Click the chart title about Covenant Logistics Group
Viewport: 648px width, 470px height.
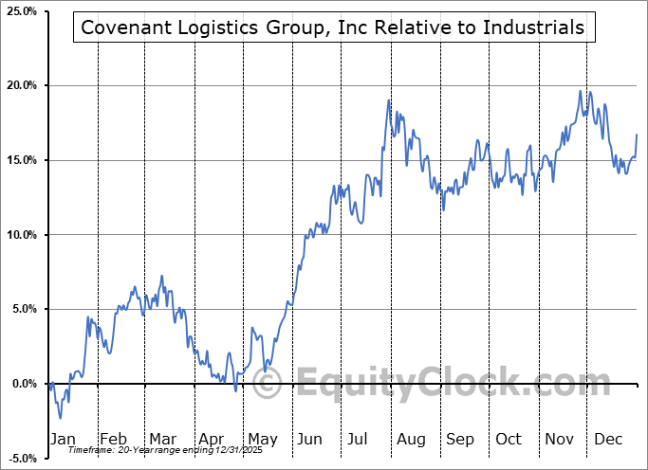point(333,27)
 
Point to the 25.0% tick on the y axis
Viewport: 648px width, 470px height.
point(19,11)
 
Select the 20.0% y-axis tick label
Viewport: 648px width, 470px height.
point(19,86)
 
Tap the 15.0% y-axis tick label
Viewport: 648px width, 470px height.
point(19,160)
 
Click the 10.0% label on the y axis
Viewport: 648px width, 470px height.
point(19,235)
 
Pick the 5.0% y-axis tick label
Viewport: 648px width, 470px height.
point(22,309)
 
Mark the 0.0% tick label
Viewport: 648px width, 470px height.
point(22,384)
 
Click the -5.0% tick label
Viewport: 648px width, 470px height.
point(20,459)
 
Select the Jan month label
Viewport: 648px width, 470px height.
point(62,440)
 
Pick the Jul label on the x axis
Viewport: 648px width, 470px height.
point(358,440)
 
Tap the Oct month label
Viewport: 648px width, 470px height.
point(509,440)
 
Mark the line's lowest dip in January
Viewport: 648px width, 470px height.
point(60,418)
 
